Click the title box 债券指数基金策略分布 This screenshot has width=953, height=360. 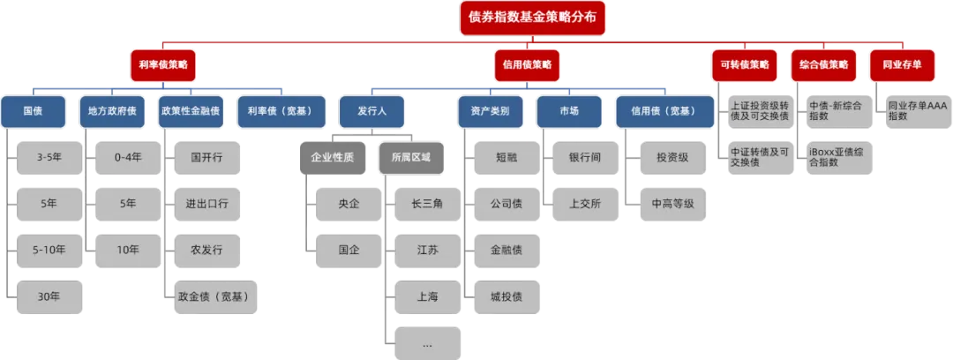tap(532, 18)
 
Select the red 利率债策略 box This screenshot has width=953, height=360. tap(162, 64)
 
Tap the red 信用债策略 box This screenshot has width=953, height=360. tap(527, 64)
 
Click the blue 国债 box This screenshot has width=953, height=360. tap(34, 112)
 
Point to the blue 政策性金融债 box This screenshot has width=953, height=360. tap(192, 112)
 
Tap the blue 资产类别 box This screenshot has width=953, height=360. tap(490, 112)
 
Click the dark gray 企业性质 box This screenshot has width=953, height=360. tap(332, 158)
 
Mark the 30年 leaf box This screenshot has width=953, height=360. tap(49, 296)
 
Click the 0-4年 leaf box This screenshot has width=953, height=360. tap(127, 158)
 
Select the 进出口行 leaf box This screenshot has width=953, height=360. tap(207, 204)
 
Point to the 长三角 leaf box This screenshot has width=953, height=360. tap(427, 204)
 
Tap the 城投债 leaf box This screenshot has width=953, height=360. tap(506, 296)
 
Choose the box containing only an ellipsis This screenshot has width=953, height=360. tap(427, 342)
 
